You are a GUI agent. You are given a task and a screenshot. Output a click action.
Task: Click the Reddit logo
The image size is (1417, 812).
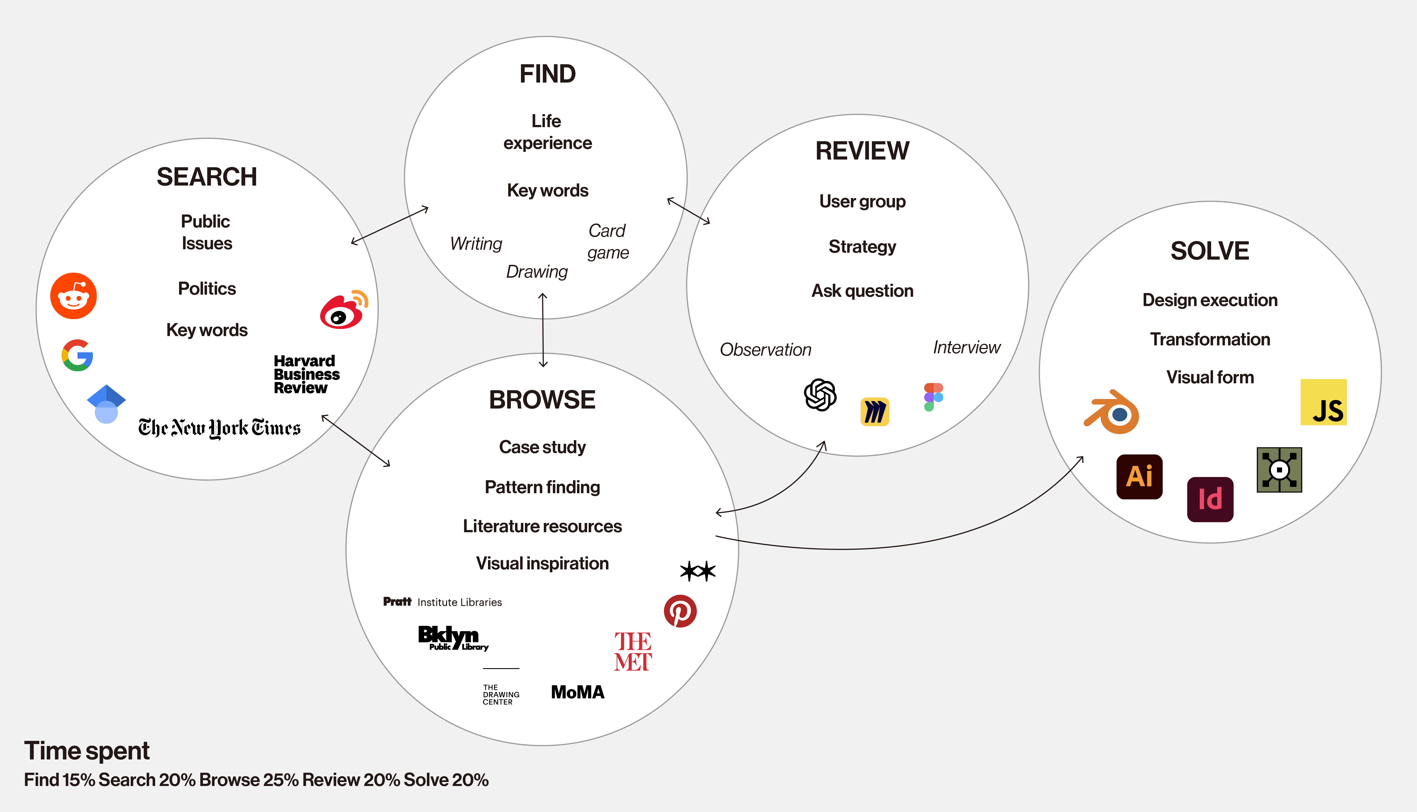(x=73, y=296)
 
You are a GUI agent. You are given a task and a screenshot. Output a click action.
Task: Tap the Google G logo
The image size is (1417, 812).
(x=77, y=355)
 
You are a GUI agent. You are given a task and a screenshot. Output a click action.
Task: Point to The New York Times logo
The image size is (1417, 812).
(x=219, y=428)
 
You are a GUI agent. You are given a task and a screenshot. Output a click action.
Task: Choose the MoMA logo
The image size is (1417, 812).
(x=578, y=692)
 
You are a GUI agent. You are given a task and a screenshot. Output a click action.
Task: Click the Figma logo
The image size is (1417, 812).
(x=933, y=397)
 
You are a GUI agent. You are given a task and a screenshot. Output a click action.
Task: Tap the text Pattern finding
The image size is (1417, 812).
(x=542, y=487)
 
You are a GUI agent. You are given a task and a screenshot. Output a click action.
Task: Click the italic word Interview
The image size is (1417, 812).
(x=967, y=347)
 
